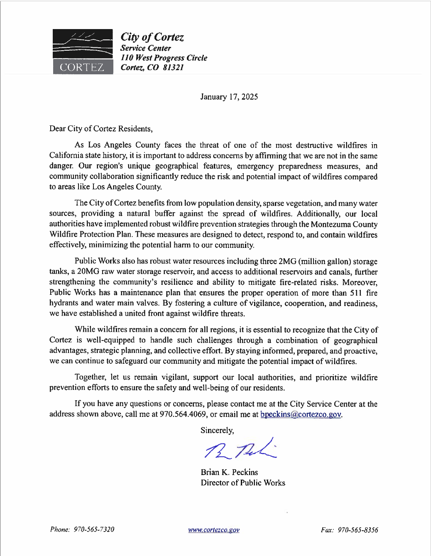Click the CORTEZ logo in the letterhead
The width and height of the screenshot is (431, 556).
(x=83, y=51)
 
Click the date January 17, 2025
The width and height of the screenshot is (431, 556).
(x=229, y=97)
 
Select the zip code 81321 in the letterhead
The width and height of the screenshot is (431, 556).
(x=173, y=68)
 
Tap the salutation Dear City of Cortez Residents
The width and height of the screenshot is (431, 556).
(x=101, y=129)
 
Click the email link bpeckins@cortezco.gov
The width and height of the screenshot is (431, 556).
(x=301, y=414)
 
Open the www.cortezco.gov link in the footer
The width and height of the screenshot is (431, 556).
(x=213, y=530)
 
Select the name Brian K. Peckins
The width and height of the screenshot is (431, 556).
(x=229, y=472)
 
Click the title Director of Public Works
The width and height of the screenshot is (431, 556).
(x=243, y=483)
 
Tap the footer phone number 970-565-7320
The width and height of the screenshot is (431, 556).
(x=94, y=529)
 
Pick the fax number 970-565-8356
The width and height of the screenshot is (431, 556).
(x=358, y=530)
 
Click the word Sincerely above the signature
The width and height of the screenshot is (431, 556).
(x=217, y=430)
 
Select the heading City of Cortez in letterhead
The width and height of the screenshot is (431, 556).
(x=152, y=37)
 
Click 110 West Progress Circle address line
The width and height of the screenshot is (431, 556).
(x=164, y=58)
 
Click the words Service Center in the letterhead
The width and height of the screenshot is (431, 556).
(x=145, y=48)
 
